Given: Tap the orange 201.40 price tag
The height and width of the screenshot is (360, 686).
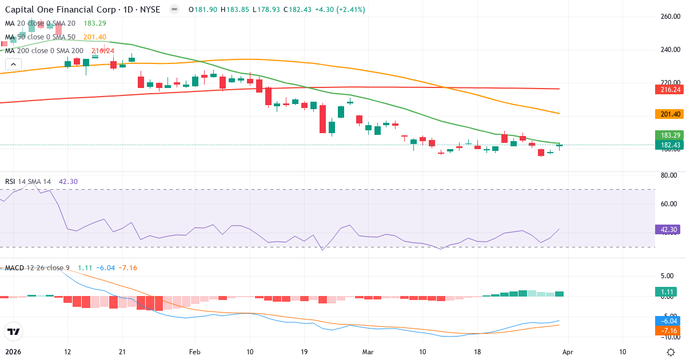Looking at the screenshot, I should coord(667,114).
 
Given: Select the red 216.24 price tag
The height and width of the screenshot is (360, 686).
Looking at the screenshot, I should coord(667,90).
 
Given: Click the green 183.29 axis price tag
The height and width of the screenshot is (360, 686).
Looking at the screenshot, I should coord(667,135).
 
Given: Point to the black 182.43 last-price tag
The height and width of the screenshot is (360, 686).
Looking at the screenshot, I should coord(667,145).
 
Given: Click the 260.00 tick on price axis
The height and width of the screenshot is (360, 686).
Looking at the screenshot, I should coord(669,17).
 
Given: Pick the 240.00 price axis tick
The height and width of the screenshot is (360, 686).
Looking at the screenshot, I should coord(669,50).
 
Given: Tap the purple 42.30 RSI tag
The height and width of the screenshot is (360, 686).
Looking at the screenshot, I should coord(667,229).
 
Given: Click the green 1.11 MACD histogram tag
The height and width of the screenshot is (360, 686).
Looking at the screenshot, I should coord(667,292).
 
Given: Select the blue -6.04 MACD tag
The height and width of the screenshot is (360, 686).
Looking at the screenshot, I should coord(667,321).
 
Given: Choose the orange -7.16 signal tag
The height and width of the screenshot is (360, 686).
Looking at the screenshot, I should coord(667,331).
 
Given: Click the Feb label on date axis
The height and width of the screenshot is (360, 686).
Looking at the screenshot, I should coord(196,352).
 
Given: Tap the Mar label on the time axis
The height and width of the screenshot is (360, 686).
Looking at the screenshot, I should coord(368,352).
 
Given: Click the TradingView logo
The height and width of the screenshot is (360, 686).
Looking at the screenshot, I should coord(13,331).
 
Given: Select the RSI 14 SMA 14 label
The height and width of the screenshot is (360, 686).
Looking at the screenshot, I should coord(28,182).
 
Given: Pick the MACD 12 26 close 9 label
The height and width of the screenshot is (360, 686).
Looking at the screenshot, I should coord(37,268).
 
